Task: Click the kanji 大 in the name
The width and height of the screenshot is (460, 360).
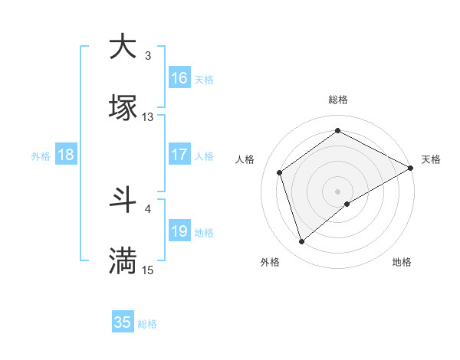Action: coord(123,46)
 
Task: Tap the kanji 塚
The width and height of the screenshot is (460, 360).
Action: coord(123,107)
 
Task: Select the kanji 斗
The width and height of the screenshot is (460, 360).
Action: coord(123,199)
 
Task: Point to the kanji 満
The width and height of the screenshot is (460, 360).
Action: coord(123,260)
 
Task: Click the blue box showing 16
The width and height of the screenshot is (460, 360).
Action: coord(179,78)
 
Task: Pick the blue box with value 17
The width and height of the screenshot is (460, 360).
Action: coord(179,155)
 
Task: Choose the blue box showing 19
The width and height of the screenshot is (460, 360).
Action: coord(179,231)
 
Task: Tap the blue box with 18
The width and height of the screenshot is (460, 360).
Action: coord(66,155)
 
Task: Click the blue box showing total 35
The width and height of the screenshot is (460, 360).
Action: coord(123,322)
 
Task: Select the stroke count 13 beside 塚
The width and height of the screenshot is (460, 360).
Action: coord(148,117)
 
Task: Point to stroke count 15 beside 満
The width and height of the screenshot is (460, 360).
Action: coord(148,270)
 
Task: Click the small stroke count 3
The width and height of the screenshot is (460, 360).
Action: coord(148,56)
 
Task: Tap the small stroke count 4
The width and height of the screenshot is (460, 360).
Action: coord(148,208)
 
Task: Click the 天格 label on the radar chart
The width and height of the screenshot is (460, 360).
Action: coord(431,159)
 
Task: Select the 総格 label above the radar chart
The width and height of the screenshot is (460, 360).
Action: coord(338,100)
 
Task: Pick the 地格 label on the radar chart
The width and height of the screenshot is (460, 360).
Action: coord(402,263)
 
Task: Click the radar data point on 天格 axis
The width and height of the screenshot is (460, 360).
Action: coord(412,169)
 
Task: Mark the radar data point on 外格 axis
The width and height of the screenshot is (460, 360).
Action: coord(301,242)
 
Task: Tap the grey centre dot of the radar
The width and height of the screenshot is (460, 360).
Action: coord(338,190)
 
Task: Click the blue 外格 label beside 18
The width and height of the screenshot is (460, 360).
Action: coord(41,155)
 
